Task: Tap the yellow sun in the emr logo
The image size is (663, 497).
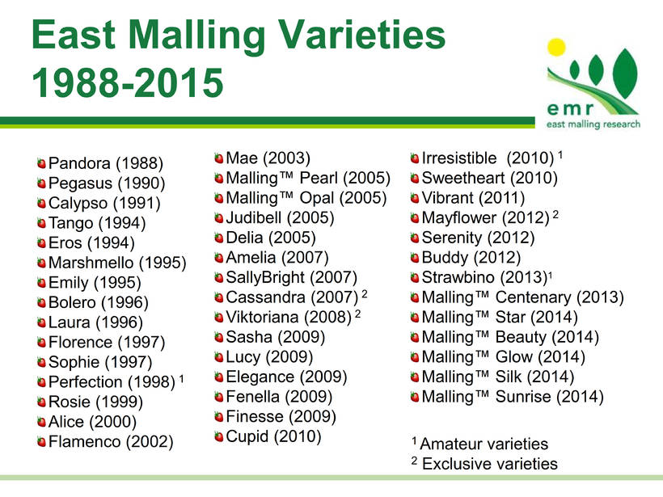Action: pos(556,47)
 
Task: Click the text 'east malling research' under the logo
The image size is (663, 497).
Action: pos(593,124)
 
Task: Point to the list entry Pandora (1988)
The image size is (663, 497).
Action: pos(106,163)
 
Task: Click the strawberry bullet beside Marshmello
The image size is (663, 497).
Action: pos(41,263)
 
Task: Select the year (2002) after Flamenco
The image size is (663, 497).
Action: pos(150,441)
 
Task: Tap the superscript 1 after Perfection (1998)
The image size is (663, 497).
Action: pos(181,378)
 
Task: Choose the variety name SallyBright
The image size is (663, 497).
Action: pos(265,278)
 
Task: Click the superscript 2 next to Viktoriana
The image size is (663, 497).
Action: pos(357,314)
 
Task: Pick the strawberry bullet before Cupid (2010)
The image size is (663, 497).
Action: pos(218,436)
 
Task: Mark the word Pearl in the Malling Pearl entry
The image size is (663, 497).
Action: pos(319,178)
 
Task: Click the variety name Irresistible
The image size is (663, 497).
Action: pos(459,158)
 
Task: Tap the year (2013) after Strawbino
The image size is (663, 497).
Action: pos(524,278)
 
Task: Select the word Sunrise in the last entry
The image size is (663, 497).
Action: pos(523,397)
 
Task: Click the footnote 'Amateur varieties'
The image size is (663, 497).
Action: pos(484,444)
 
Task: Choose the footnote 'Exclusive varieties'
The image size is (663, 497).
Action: pos(490,464)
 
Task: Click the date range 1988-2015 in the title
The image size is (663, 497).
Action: pos(128,82)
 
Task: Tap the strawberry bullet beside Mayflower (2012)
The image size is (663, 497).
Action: pos(415,218)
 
